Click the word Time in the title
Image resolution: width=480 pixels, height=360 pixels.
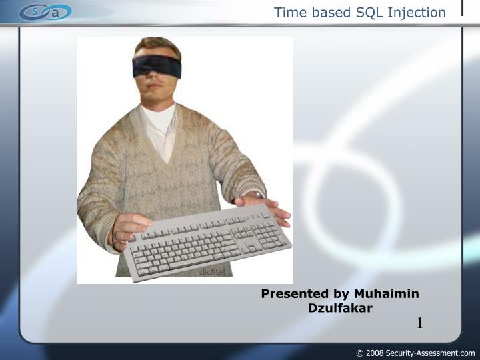click(289, 12)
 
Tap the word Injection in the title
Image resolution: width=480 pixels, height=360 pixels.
click(417, 12)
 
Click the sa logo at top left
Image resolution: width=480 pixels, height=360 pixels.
click(45, 12)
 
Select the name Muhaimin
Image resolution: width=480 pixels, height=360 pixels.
click(386, 293)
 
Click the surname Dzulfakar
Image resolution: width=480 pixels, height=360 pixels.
click(340, 308)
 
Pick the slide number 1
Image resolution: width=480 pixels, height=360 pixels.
click(420, 324)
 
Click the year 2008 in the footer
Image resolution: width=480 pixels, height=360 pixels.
click(375, 353)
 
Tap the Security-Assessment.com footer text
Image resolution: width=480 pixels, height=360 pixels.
click(430, 353)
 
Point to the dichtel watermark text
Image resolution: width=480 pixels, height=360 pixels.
click(213, 272)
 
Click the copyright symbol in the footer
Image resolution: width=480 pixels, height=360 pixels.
click(360, 353)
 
